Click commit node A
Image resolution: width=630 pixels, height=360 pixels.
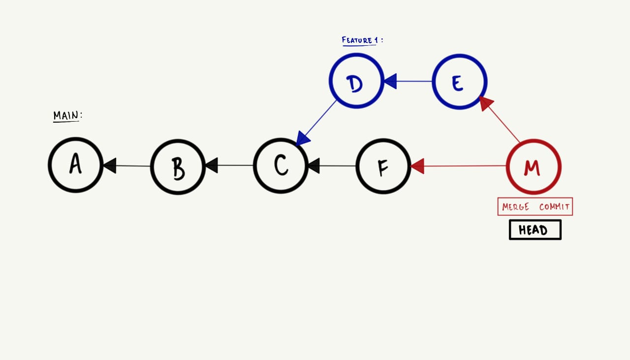pyautogui.click(x=75, y=165)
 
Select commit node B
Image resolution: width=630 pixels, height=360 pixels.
pyautogui.click(x=178, y=166)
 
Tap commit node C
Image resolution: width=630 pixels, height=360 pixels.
pyautogui.click(x=281, y=165)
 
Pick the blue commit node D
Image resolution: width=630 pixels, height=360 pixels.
pyautogui.click(x=356, y=81)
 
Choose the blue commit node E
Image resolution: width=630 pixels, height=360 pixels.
pyautogui.click(x=459, y=82)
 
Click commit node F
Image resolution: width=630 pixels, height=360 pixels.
pyautogui.click(x=383, y=166)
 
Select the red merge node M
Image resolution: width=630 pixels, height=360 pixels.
pyautogui.click(x=534, y=167)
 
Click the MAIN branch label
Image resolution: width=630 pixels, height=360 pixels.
pyautogui.click(x=67, y=116)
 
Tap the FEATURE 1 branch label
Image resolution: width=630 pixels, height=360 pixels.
pyautogui.click(x=361, y=40)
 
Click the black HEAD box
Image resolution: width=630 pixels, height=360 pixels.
pyautogui.click(x=535, y=230)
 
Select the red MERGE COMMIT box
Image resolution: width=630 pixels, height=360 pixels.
pyautogui.click(x=535, y=207)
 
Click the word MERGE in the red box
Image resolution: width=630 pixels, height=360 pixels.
pyautogui.click(x=515, y=207)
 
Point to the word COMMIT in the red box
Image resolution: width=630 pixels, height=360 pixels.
pyautogui.click(x=554, y=207)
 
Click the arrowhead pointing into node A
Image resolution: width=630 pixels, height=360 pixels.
pyautogui.click(x=109, y=165)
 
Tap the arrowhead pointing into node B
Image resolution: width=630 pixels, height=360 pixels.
pyautogui.click(x=211, y=165)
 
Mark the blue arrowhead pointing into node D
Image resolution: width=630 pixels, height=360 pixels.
pyautogui.click(x=390, y=81)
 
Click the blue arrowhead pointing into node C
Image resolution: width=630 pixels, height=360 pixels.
pyautogui.click(x=302, y=139)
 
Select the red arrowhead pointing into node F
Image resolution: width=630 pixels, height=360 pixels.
pyautogui.click(x=417, y=166)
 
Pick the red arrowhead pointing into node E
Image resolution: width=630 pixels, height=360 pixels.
pyautogui.click(x=486, y=102)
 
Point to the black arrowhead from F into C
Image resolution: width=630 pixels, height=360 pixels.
pyautogui.click(x=314, y=165)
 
